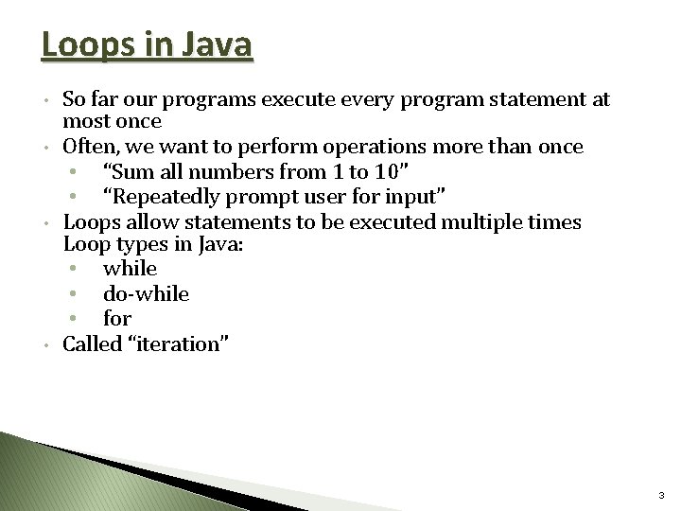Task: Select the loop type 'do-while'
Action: point(146,294)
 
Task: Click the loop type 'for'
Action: point(117,319)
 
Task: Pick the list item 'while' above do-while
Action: point(131,270)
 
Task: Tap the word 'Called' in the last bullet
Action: point(91,344)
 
